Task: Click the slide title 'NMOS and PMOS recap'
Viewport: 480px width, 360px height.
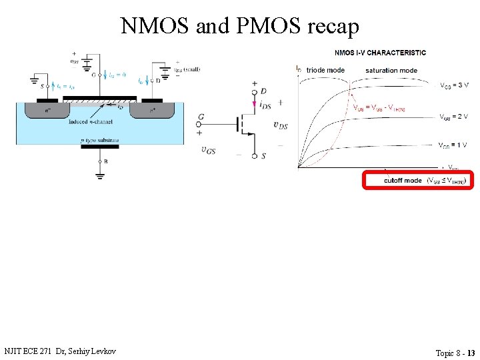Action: (x=240, y=25)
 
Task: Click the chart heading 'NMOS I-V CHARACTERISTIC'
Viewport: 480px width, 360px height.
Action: (x=380, y=53)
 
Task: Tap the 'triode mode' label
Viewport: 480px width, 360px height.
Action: (x=325, y=70)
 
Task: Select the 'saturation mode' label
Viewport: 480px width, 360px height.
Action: (x=391, y=70)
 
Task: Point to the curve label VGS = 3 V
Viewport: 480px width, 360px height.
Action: (x=454, y=85)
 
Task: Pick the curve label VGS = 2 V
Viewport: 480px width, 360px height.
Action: (x=454, y=117)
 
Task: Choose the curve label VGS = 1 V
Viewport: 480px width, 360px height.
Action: (x=453, y=145)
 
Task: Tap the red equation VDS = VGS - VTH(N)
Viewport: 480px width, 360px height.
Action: (x=379, y=108)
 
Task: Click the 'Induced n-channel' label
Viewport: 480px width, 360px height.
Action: (x=90, y=122)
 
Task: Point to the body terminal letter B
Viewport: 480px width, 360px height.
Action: (x=105, y=161)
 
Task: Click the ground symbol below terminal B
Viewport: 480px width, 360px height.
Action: (x=99, y=175)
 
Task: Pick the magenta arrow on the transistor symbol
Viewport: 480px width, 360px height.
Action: (x=254, y=104)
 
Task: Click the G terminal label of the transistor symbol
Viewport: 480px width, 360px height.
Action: (x=201, y=117)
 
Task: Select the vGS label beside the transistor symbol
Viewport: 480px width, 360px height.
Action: (x=208, y=150)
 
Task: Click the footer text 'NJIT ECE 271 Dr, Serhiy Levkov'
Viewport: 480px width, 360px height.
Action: (x=59, y=351)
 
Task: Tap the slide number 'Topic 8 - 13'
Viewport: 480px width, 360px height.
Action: (x=455, y=353)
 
